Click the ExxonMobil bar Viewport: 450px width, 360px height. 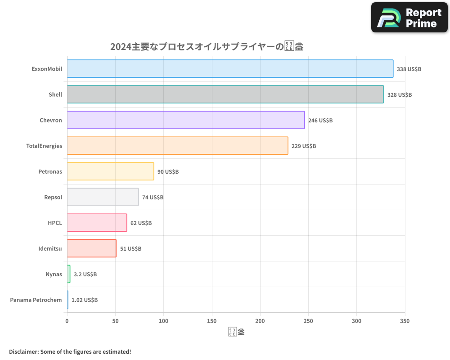click(230, 69)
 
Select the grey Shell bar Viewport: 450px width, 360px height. click(225, 94)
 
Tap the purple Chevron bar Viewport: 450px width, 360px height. click(185, 120)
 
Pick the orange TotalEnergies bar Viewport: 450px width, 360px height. click(177, 146)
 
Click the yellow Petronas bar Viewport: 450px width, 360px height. click(110, 171)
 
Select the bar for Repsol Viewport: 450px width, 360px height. click(103, 197)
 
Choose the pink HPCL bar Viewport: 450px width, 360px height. click(97, 223)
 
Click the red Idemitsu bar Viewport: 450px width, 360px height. click(91, 248)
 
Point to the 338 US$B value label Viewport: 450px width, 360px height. click(409, 69)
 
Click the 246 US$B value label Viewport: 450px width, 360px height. click(320, 121)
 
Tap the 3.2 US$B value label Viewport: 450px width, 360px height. click(85, 274)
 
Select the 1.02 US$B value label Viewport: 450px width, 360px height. click(84, 300)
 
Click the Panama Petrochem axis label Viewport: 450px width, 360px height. click(36, 300)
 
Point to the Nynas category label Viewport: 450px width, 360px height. click(54, 274)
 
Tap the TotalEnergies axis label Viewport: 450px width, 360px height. click(44, 146)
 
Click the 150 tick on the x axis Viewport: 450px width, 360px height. click(212, 321)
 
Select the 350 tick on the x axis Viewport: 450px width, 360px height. click(405, 321)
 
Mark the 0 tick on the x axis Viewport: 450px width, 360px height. click(67, 321)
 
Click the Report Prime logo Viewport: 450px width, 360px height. click(409, 18)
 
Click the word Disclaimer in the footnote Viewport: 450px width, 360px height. click(23, 351)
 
